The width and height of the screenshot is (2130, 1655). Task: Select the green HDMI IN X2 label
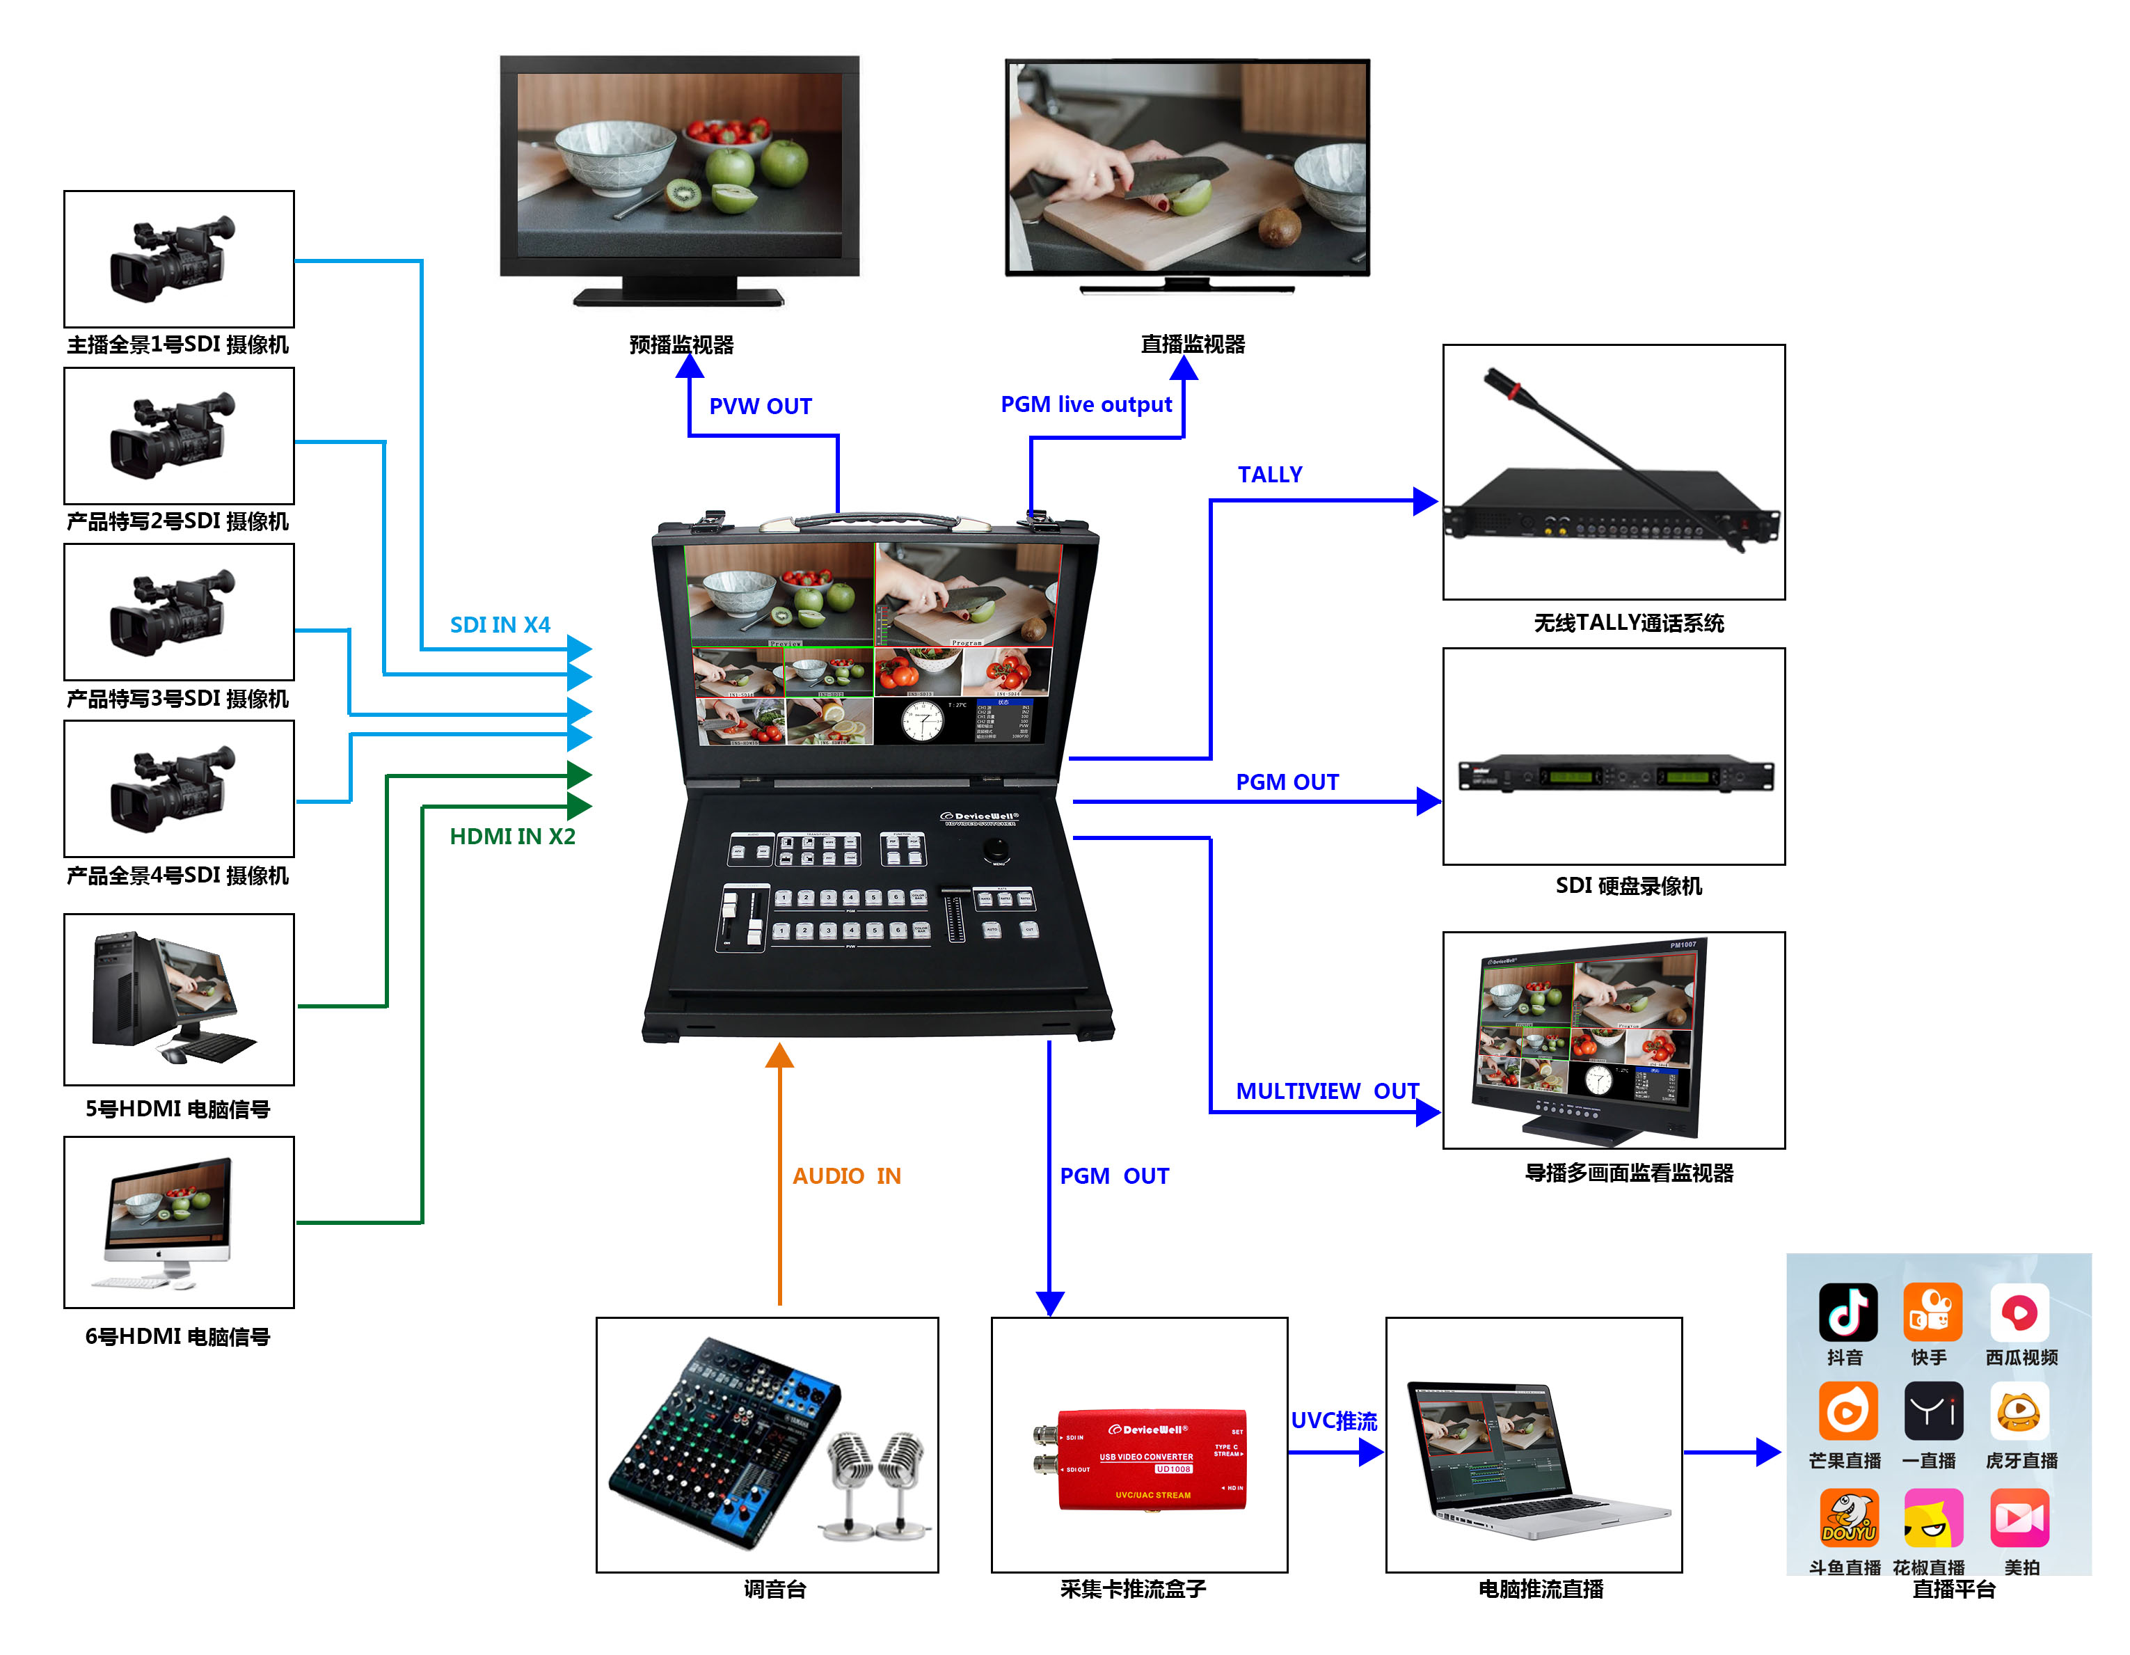512,837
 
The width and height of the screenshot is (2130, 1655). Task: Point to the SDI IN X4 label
500,625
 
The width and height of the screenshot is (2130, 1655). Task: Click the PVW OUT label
760,406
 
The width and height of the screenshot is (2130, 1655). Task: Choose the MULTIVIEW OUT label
1326,1091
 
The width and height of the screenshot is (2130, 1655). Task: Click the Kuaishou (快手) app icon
1931,1312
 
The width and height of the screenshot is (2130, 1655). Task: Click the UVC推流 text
1333,1421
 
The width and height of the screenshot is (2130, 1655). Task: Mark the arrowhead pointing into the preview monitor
690,367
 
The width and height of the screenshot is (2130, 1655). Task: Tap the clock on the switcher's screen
921,722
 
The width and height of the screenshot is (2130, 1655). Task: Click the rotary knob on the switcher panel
996,848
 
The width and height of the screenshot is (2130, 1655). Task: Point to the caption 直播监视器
1192,345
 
